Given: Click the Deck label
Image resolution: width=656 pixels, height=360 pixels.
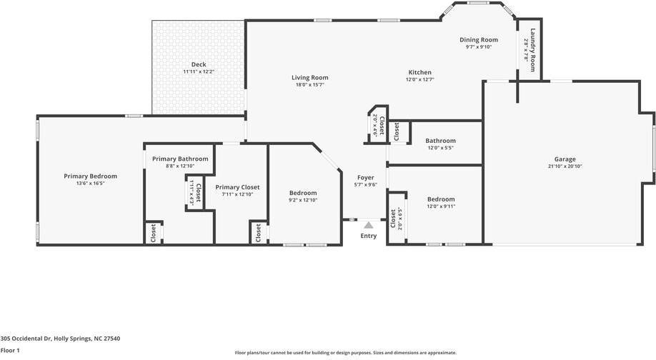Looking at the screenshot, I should (198, 64).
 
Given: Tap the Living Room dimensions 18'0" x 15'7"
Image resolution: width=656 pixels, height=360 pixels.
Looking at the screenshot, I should (309, 85).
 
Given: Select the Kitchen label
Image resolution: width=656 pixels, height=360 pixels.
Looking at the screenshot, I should (419, 72).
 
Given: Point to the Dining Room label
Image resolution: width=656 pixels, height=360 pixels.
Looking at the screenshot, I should (478, 40).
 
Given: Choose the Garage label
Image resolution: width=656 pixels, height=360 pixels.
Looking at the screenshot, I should (565, 159).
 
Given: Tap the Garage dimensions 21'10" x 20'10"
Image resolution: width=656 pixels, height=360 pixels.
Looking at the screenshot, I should (565, 166).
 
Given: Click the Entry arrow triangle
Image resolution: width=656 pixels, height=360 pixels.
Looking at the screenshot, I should (369, 225).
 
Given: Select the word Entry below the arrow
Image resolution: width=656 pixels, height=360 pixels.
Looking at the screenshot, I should (369, 236).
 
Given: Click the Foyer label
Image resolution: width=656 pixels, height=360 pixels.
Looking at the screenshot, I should (366, 177).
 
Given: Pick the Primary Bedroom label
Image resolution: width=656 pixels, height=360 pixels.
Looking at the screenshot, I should (90, 176).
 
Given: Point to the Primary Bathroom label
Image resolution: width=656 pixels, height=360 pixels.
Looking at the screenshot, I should (180, 159).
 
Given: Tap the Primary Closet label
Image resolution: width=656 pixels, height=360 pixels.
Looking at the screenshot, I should (237, 187).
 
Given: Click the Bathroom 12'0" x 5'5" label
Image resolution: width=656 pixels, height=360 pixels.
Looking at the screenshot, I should (440, 141).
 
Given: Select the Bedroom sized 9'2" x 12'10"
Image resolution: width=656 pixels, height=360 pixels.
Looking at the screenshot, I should (303, 193).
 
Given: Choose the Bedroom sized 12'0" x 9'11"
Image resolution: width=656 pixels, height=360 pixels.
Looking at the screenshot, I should (440, 199).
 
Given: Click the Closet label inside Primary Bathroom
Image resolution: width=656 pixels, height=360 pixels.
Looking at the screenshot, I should (198, 194).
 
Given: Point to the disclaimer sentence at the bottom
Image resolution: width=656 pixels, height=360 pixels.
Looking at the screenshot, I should (345, 353).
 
